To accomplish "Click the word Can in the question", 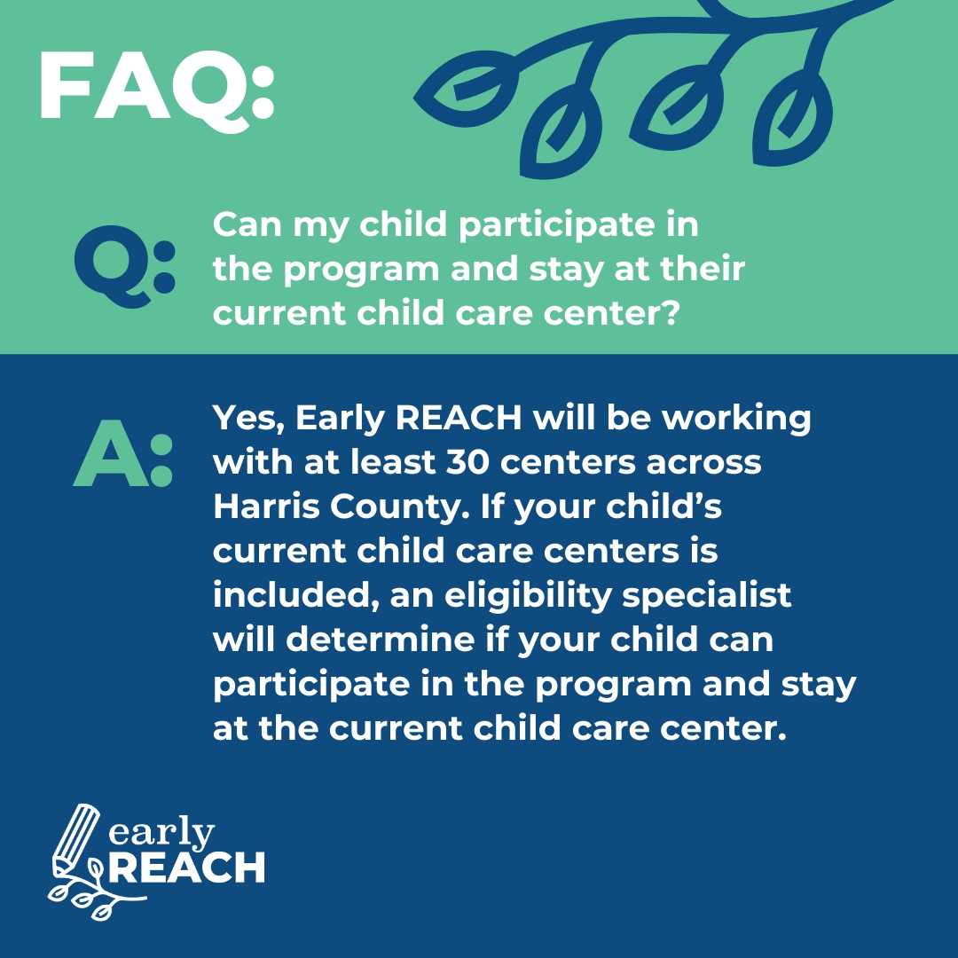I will coord(244,224).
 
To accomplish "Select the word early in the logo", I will coord(163,834).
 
